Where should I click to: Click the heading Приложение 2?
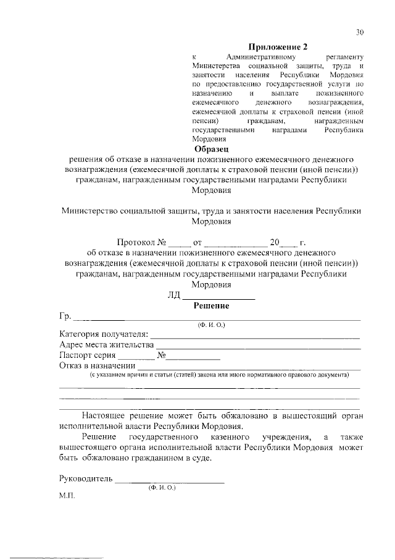coord(278,47)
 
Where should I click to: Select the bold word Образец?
coord(211,149)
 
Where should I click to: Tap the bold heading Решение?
coord(211,305)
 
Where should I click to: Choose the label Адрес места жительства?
coord(106,345)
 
